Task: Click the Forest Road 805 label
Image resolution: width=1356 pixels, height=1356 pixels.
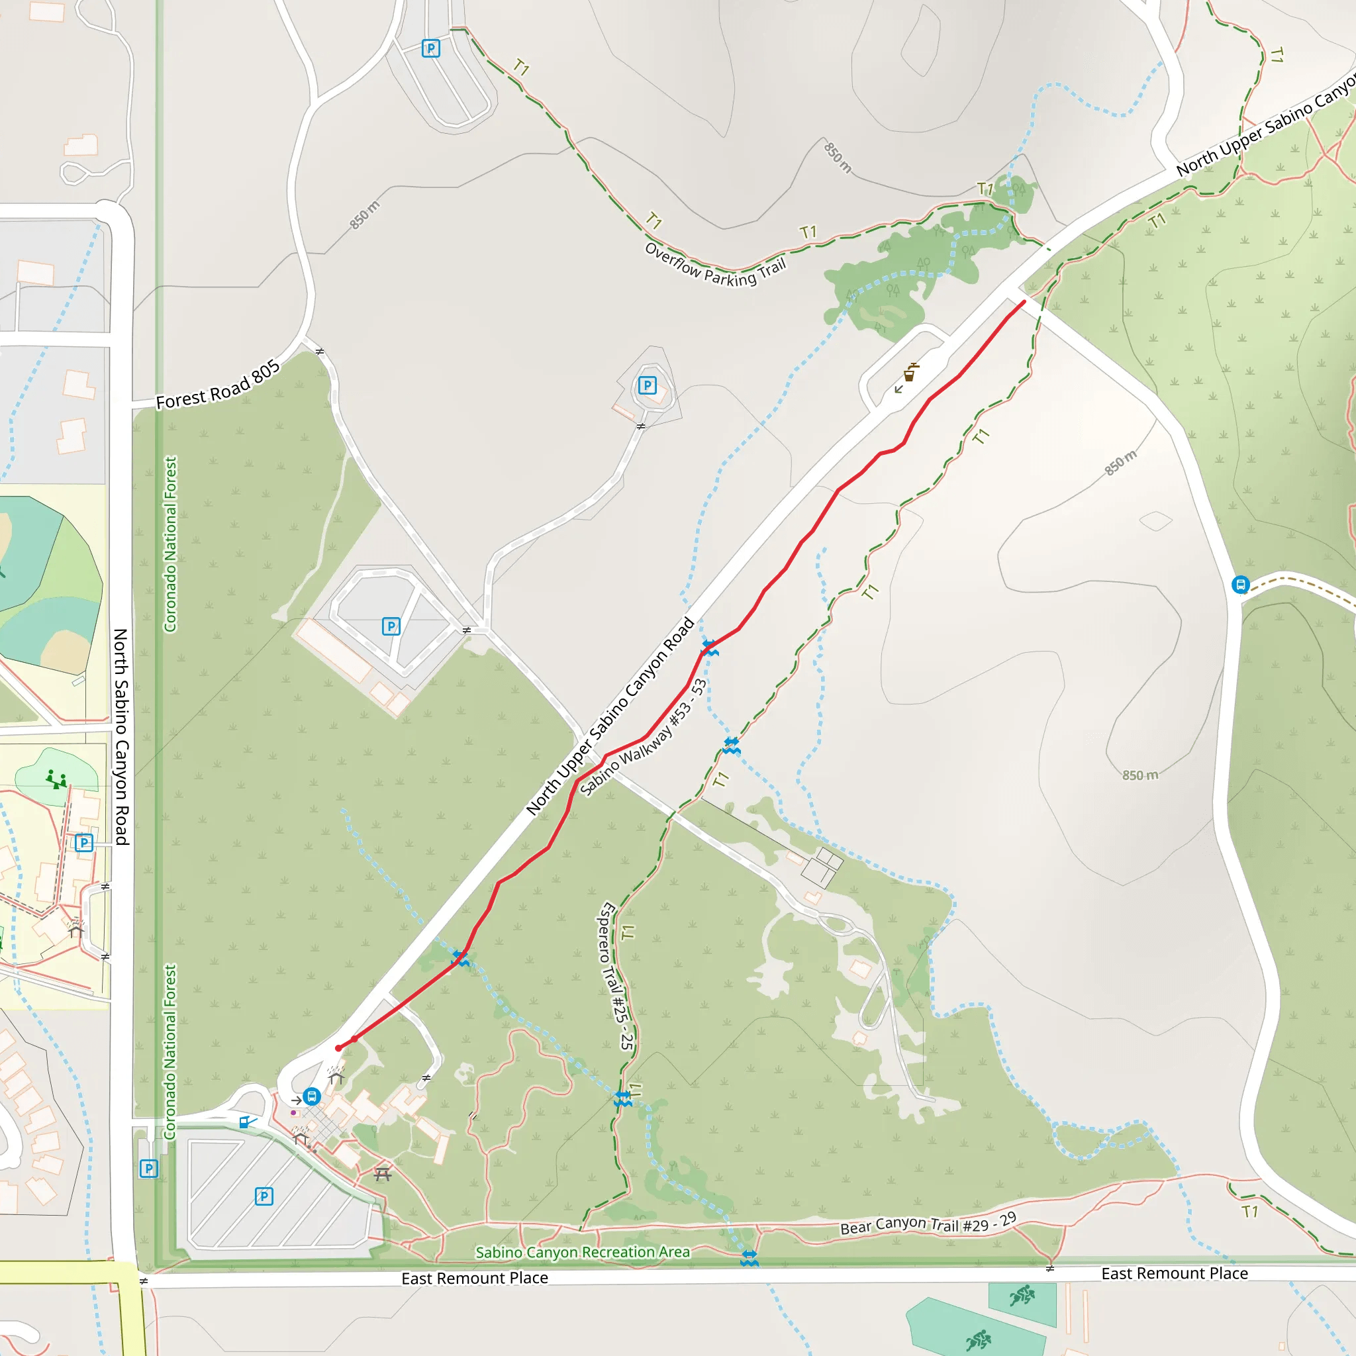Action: pyautogui.click(x=218, y=385)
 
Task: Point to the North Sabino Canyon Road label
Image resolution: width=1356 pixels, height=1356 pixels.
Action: pyautogui.click(x=121, y=736)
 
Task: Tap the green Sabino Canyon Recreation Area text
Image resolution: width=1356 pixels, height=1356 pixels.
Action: pyautogui.click(x=583, y=1252)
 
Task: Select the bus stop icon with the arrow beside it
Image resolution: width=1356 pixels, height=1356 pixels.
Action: pyautogui.click(x=313, y=1096)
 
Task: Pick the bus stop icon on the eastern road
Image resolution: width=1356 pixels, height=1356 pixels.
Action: pyautogui.click(x=1240, y=585)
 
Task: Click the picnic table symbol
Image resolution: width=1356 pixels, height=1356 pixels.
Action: pyautogui.click(x=383, y=1173)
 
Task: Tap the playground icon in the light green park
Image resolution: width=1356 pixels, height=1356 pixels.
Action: pyautogui.click(x=56, y=779)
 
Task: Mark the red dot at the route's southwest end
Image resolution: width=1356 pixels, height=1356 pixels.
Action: pyautogui.click(x=338, y=1048)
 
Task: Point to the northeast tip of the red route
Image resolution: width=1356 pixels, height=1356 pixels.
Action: pyautogui.click(x=1024, y=302)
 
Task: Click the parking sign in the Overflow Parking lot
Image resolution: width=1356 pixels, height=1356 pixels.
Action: pyautogui.click(x=430, y=48)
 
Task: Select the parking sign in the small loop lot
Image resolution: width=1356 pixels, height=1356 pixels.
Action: pyautogui.click(x=647, y=385)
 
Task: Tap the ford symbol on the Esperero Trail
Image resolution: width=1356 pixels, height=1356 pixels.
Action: pyautogui.click(x=622, y=1099)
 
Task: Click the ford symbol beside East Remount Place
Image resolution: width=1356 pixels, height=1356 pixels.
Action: pyautogui.click(x=750, y=1258)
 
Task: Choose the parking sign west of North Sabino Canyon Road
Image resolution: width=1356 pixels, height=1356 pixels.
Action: pyautogui.click(x=83, y=843)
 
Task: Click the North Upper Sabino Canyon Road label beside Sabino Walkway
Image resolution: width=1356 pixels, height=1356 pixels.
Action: pyautogui.click(x=610, y=716)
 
